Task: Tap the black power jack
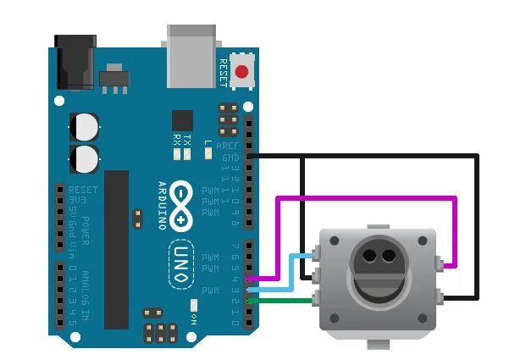[74, 61]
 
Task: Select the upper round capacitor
[86, 126]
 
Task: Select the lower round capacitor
[86, 157]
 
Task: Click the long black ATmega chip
[116, 249]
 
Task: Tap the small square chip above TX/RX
[182, 119]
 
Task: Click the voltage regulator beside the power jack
[111, 81]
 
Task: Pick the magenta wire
[364, 198]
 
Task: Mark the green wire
[284, 298]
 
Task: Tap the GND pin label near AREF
[230, 157]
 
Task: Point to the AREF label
[230, 146]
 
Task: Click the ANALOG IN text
[87, 296]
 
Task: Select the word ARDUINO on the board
[161, 206]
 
